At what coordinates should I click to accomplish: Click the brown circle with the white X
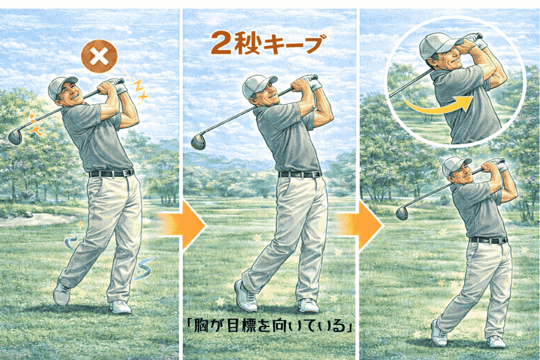tap(99, 57)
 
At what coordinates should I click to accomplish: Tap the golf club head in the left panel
tap(15, 136)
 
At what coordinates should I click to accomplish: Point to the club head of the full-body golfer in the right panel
tap(402, 212)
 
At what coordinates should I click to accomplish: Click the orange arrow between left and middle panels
tap(182, 226)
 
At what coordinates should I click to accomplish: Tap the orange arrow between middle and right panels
tap(360, 226)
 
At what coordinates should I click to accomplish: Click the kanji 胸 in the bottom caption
tap(202, 325)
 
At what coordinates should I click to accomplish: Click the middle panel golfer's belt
tap(299, 174)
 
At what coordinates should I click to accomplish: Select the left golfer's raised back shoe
tap(62, 293)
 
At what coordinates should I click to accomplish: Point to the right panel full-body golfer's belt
tap(488, 240)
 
